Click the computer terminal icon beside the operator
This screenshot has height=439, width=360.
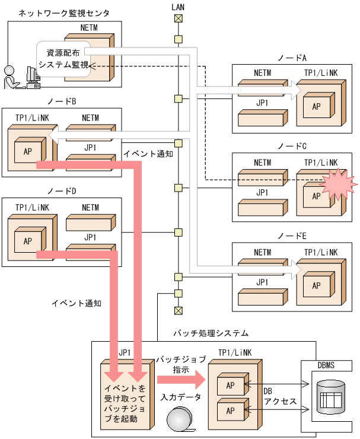click(x=32, y=75)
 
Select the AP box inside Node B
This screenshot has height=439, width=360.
click(x=27, y=151)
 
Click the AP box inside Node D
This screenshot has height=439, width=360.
click(x=27, y=241)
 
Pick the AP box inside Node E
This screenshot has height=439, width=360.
click(x=316, y=285)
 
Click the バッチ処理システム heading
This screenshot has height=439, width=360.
click(x=211, y=333)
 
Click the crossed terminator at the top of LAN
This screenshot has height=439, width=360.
click(x=177, y=18)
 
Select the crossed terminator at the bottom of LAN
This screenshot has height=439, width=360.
click(x=177, y=310)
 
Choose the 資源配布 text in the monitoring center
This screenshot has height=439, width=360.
click(x=63, y=53)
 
